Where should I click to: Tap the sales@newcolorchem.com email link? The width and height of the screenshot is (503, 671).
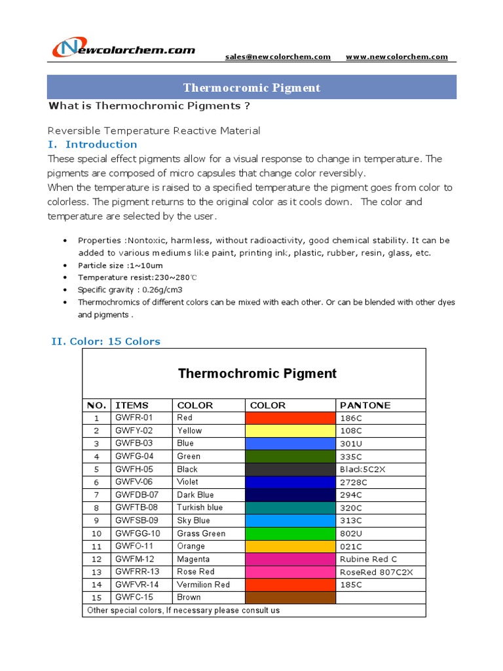tap(278, 57)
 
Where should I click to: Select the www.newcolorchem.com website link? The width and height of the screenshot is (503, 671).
tap(396, 57)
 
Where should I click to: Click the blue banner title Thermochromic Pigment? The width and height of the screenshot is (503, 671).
tap(251, 87)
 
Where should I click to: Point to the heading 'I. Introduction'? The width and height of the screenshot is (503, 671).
tap(92, 144)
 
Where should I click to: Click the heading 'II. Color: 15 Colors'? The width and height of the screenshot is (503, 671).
tap(105, 341)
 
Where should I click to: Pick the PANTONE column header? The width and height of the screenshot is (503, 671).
tap(365, 405)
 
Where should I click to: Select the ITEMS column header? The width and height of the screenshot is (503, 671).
tap(132, 405)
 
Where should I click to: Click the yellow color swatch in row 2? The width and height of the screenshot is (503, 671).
tap(289, 431)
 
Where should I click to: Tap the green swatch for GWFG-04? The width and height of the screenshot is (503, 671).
tap(289, 456)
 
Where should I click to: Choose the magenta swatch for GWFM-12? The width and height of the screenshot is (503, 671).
tap(289, 559)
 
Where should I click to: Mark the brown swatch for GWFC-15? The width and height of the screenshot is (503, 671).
tap(289, 597)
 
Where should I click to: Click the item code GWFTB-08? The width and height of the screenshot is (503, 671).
tap(136, 507)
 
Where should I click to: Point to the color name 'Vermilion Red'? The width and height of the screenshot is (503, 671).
tap(203, 585)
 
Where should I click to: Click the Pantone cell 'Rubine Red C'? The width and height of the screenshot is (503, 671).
tap(368, 559)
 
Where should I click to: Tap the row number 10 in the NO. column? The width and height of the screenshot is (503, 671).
tap(96, 533)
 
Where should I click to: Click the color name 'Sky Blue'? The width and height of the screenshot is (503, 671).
tap(193, 520)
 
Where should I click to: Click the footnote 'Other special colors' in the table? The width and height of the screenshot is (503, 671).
tap(183, 610)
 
